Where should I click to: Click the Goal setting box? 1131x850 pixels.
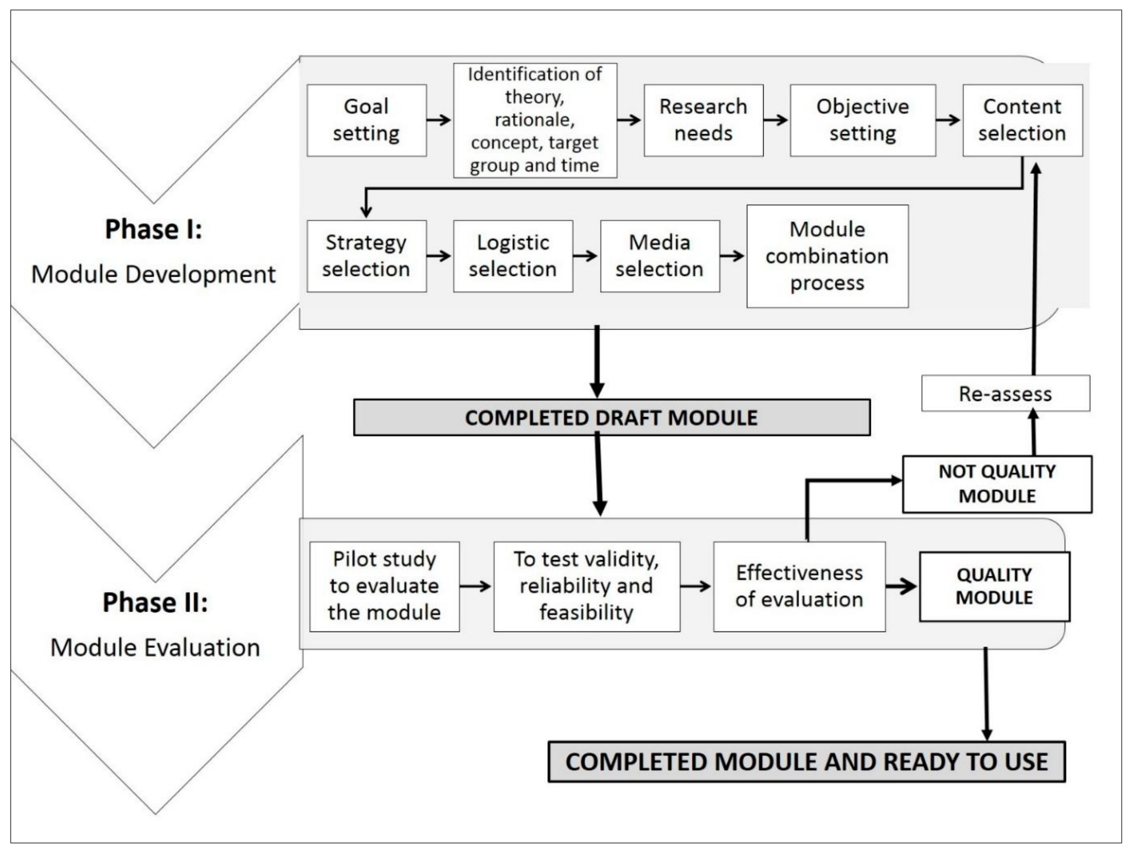[x=366, y=120]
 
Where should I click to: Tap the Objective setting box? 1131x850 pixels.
[x=862, y=120]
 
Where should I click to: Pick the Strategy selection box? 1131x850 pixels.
[x=366, y=256]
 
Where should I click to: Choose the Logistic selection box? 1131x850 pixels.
[x=513, y=256]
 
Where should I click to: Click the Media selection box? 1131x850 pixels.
[x=660, y=256]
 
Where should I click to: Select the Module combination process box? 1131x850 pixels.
[x=827, y=256]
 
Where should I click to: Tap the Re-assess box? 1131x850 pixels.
[x=1005, y=394]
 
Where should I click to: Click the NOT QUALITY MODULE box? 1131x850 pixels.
[x=997, y=484]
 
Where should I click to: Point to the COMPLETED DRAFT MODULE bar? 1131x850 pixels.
[x=611, y=418]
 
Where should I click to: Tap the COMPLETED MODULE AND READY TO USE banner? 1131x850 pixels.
[x=806, y=762]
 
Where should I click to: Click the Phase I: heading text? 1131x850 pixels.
[x=153, y=229]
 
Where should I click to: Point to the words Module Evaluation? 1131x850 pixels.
[x=155, y=648]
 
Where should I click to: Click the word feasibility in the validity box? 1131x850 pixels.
[x=586, y=612]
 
